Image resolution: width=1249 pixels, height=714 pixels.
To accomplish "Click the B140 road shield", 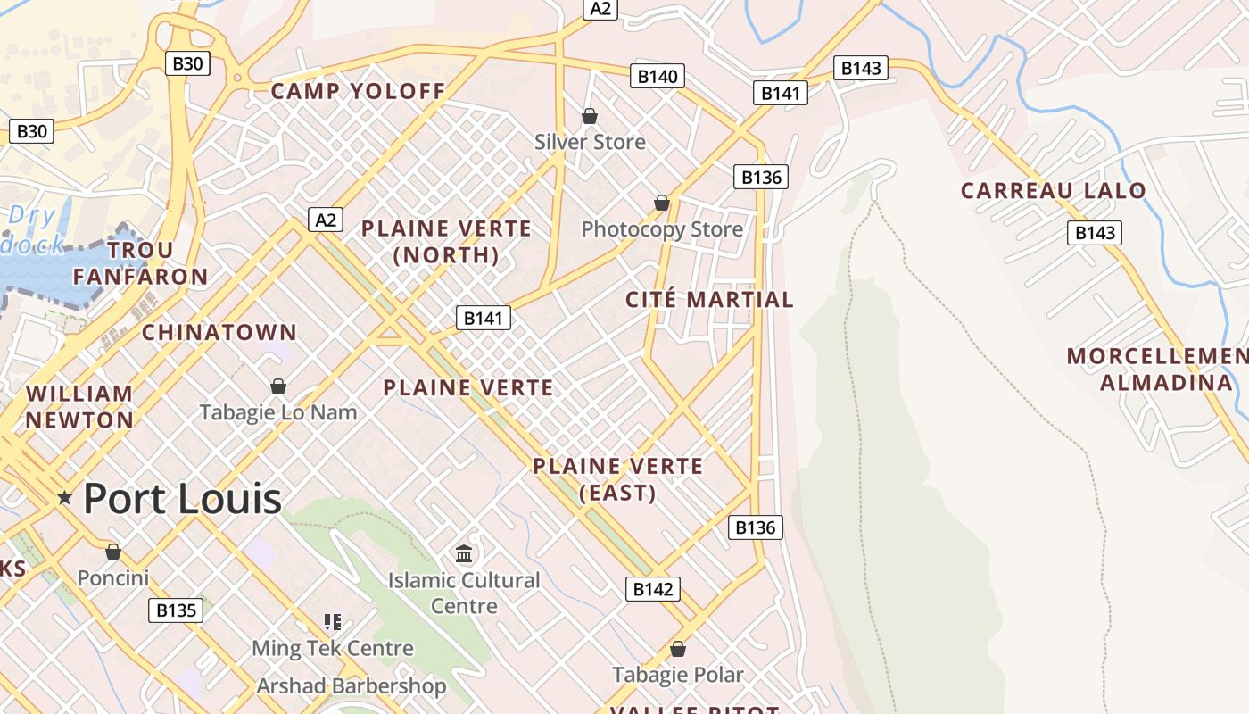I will pyautogui.click(x=658, y=77).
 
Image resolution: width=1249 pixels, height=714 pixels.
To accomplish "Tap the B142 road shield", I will pyautogui.click(x=652, y=589).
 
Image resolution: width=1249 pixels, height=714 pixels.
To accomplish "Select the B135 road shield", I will pyautogui.click(x=176, y=610).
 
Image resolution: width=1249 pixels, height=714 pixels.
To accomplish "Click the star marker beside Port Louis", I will pyautogui.click(x=64, y=497).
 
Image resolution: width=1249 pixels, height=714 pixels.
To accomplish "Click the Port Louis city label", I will pyautogui.click(x=182, y=498).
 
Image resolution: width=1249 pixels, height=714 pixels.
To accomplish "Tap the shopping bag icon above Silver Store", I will pyautogui.click(x=589, y=116).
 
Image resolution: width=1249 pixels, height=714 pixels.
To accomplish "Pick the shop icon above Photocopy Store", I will pyautogui.click(x=661, y=203).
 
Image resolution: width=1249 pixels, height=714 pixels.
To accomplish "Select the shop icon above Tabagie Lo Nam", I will pyautogui.click(x=277, y=386).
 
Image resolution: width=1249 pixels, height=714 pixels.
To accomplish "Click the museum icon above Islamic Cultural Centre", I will pyautogui.click(x=464, y=554).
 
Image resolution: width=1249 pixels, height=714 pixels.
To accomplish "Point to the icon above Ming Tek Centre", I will pyautogui.click(x=333, y=621).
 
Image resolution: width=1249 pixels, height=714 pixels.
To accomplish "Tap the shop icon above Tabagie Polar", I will pyautogui.click(x=677, y=649).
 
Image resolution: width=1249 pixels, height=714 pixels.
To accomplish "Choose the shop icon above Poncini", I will pyautogui.click(x=112, y=552).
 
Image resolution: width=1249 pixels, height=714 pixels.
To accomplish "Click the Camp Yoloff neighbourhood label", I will pyautogui.click(x=358, y=91).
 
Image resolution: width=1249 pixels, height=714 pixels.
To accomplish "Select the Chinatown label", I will pyautogui.click(x=219, y=332).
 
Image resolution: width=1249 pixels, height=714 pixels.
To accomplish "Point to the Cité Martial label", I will pyautogui.click(x=709, y=300).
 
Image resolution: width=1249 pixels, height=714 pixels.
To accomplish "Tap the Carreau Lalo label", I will pyautogui.click(x=1053, y=190).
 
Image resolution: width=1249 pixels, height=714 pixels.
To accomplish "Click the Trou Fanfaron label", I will pyautogui.click(x=141, y=263).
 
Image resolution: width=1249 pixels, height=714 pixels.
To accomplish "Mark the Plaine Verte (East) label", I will pyautogui.click(x=617, y=479).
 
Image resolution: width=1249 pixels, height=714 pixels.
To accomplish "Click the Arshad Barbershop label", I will pyautogui.click(x=352, y=686).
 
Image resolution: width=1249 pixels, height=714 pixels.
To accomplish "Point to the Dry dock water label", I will pyautogui.click(x=34, y=230).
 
